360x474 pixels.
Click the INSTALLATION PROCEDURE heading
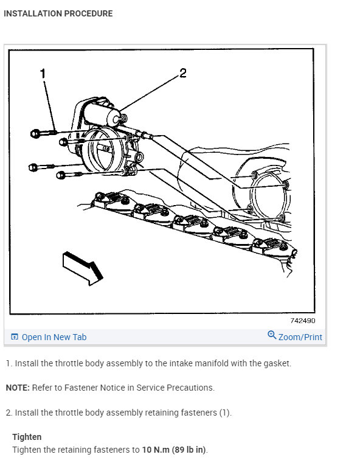click(58, 13)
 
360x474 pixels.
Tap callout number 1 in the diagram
click(43, 74)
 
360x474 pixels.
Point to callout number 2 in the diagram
click(182, 73)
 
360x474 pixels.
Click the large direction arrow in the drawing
click(83, 268)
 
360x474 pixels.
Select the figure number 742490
click(303, 321)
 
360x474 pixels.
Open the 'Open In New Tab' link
click(54, 337)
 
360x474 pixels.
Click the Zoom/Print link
click(300, 337)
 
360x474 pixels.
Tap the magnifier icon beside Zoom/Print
click(272, 335)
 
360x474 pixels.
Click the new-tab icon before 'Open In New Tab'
click(14, 336)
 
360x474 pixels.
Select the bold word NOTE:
click(18, 388)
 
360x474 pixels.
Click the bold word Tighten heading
click(27, 437)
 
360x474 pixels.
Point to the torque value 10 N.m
click(156, 450)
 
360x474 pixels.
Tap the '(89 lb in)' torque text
click(189, 450)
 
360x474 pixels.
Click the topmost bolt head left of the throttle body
click(35, 133)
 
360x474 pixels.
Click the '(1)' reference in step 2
click(224, 413)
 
